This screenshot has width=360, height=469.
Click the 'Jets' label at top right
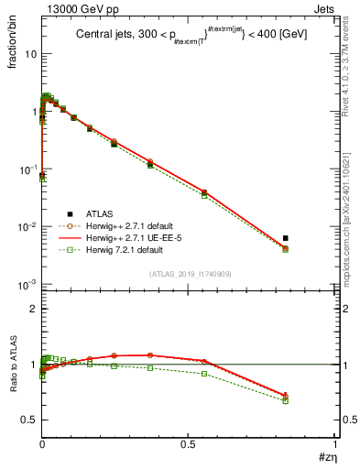point(327,8)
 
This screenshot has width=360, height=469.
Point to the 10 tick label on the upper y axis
point(29,53)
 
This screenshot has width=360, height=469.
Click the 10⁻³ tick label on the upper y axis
point(27,285)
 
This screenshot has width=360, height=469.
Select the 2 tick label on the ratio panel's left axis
point(32,310)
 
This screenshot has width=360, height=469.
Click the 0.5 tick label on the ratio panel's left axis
point(28,420)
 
